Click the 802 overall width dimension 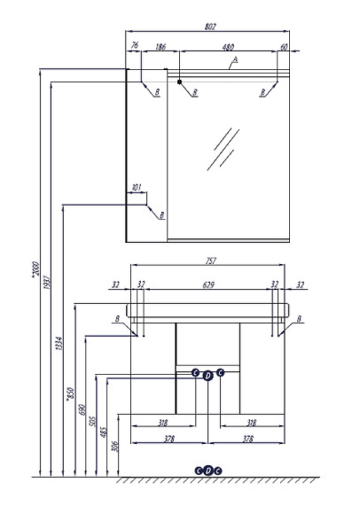point(209,27)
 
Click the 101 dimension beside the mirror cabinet point(137,187)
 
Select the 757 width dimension point(210,261)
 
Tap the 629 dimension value point(207,284)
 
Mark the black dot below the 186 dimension point(180,82)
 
